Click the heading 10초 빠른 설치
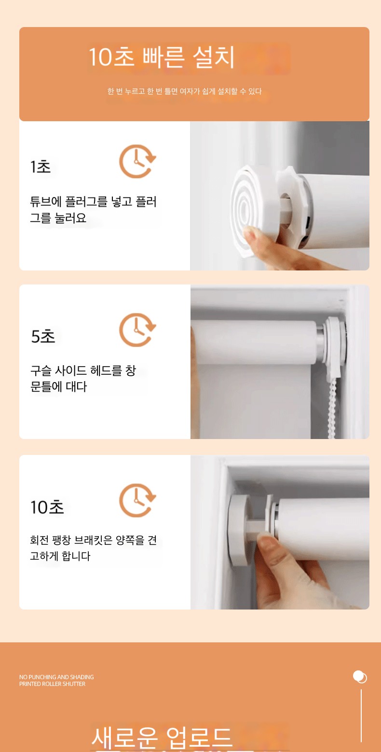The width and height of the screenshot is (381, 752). coord(162,57)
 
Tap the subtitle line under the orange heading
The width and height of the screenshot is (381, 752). coord(185,91)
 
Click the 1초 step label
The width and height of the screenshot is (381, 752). coord(41,167)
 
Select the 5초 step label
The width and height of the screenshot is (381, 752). coord(43,336)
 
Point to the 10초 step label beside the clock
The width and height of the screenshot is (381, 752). coord(47,507)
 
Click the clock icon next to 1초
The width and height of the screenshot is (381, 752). coord(137,161)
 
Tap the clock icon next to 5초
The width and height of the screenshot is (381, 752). coord(137,330)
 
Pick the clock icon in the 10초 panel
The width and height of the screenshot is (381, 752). coord(137,500)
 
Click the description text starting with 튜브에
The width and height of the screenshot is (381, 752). coord(93,210)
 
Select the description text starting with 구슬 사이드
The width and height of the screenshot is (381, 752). coord(83,379)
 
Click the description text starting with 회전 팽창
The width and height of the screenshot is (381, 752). coord(93,548)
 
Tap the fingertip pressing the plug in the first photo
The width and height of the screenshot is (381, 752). coord(251,233)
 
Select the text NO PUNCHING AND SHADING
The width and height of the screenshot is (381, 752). coord(56,677)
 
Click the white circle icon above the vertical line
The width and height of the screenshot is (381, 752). coord(360,677)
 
